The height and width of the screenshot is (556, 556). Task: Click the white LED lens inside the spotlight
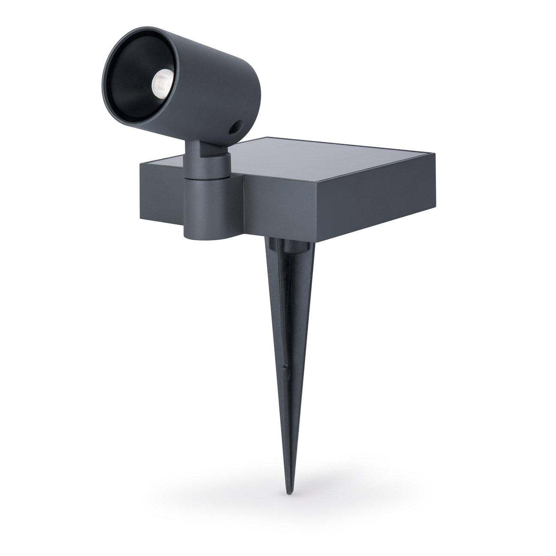[x=160, y=80]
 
